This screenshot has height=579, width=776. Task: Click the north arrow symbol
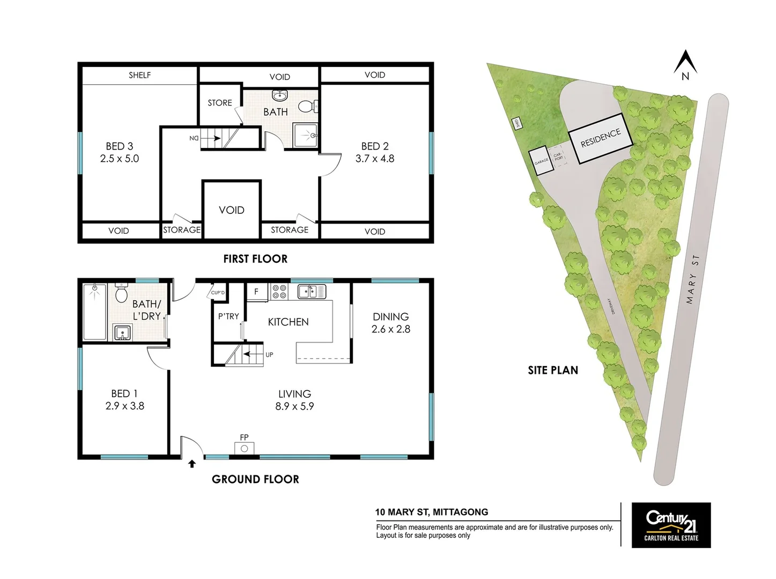pos(685,63)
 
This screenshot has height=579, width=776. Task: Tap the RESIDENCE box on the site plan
pos(601,138)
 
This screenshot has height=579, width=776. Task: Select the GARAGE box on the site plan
pos(541,161)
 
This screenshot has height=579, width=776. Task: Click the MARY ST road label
pos(692,279)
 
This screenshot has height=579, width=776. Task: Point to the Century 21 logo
pos(671,525)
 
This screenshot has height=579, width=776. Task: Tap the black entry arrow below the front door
pos(192,464)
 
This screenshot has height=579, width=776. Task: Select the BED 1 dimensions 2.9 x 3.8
pos(124,406)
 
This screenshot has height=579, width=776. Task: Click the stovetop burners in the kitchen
pos(279,291)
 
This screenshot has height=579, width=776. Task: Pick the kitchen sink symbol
pos(311,291)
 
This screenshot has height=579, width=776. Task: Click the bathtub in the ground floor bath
pos(95,312)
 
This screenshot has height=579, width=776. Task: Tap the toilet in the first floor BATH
pos(307,106)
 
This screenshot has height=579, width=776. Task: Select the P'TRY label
pos(228,316)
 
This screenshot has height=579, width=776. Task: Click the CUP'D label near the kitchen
pos(218,293)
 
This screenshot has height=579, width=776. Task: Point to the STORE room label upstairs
pos(220,102)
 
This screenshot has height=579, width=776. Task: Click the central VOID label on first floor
pos(232,210)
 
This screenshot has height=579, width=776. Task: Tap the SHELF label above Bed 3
pos(139,75)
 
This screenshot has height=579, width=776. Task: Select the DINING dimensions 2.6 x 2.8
pos(390,329)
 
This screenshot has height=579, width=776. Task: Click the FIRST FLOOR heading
pos(255,259)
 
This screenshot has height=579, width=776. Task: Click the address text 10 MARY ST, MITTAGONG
pos(431,512)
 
